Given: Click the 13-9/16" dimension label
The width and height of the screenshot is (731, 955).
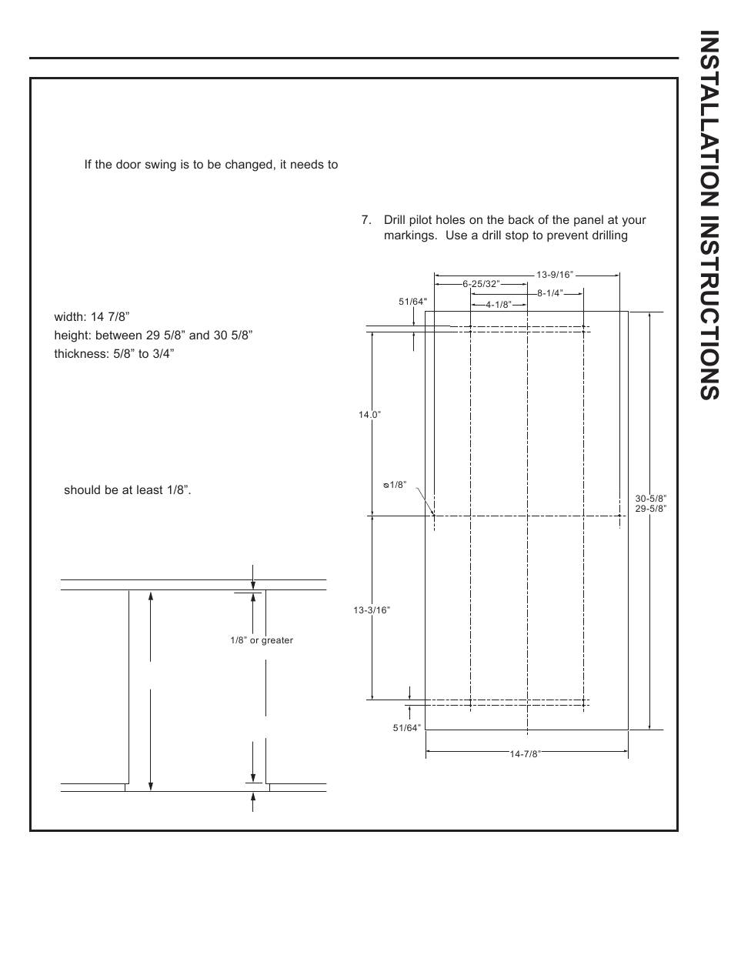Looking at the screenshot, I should pyautogui.click(x=555, y=275).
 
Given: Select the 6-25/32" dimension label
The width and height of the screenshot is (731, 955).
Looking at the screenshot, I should pyautogui.click(x=482, y=284).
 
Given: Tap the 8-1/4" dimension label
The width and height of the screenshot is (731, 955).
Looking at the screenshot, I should pyautogui.click(x=550, y=293).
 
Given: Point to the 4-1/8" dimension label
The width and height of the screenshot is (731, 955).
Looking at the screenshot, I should pyautogui.click(x=499, y=304).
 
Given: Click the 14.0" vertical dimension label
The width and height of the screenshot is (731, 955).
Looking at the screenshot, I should pyautogui.click(x=370, y=415).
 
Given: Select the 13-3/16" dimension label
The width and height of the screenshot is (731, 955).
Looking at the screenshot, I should pyautogui.click(x=372, y=610).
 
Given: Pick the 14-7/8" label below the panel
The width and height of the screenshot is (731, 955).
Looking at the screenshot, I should pyautogui.click(x=526, y=754).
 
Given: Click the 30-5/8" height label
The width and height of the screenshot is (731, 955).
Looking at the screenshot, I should pyautogui.click(x=651, y=499).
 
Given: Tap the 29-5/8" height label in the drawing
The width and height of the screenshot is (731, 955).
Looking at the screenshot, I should pyautogui.click(x=651, y=509).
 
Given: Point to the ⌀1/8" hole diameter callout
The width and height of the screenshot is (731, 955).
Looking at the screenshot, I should pyautogui.click(x=394, y=485).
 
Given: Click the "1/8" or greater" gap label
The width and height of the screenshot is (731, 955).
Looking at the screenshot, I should pyautogui.click(x=262, y=640).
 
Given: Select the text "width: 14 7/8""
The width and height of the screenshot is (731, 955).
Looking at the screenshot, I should pyautogui.click(x=92, y=316).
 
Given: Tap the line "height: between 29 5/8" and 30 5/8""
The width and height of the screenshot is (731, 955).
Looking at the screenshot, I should pyautogui.click(x=153, y=336).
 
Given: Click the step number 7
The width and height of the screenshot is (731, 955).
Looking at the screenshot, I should pyautogui.click(x=365, y=220).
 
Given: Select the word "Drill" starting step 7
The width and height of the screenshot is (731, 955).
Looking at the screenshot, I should pyautogui.click(x=396, y=220).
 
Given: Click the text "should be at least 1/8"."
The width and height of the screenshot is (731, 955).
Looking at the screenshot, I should pyautogui.click(x=127, y=489).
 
